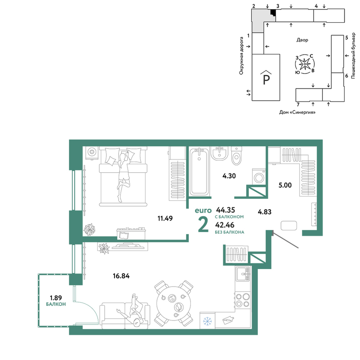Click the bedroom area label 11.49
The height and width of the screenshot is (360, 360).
(x=165, y=219)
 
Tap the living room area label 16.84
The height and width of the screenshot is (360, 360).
(x=121, y=276)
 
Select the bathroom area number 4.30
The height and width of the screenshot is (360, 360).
(x=229, y=176)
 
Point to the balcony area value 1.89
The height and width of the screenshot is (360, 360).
(x=56, y=298)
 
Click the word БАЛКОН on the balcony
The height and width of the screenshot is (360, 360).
(x=56, y=304)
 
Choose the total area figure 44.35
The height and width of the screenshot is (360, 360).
(x=225, y=210)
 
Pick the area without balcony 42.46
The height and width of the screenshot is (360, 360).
(x=225, y=225)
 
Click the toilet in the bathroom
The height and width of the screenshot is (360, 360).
(x=237, y=156)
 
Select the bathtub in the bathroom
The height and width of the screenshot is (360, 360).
(x=199, y=171)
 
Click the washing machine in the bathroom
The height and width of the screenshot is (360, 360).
(x=259, y=177)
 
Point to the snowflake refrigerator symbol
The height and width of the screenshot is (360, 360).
(x=207, y=321)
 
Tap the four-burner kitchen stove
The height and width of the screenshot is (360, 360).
(x=242, y=300)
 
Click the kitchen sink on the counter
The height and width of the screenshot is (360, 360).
(x=242, y=274)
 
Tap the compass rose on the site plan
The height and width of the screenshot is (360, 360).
(x=305, y=64)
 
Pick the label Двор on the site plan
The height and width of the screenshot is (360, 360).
(x=302, y=40)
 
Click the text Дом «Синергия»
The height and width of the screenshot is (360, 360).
(x=297, y=112)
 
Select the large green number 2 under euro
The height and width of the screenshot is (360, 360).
(x=203, y=224)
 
